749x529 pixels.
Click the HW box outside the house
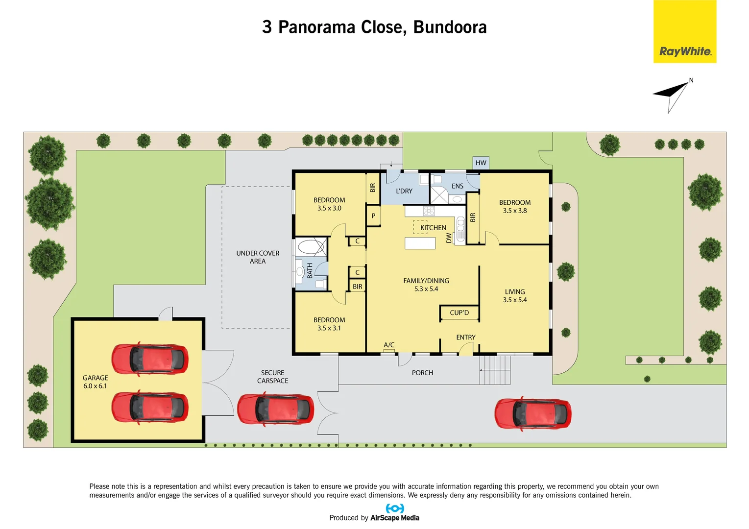click(x=481, y=163)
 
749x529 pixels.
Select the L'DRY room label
click(x=404, y=191)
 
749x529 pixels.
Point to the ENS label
click(x=458, y=186)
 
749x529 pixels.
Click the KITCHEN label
click(x=433, y=228)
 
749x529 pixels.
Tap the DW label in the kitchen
click(x=449, y=238)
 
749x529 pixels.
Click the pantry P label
click(x=373, y=216)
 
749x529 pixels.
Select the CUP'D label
click(x=459, y=313)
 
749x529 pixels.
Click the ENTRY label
click(x=465, y=337)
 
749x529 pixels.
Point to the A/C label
click(x=389, y=345)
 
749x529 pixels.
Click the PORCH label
click(x=422, y=373)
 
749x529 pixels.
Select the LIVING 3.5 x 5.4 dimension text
click(x=514, y=300)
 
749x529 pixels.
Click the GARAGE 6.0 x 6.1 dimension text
click(x=95, y=386)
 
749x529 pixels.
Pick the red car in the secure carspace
click(x=275, y=409)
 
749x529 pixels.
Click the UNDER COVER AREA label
click(x=258, y=257)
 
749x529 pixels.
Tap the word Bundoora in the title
click(x=450, y=27)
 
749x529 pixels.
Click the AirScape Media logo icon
click(x=395, y=508)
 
